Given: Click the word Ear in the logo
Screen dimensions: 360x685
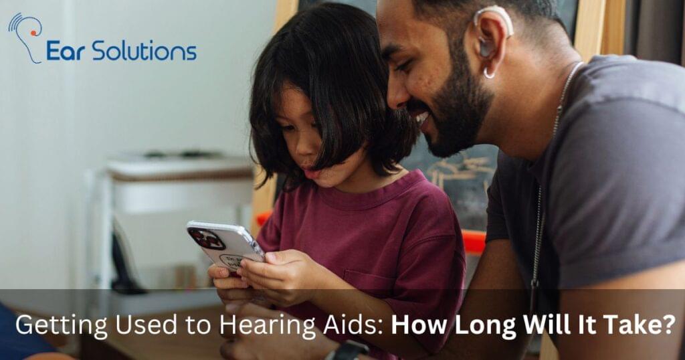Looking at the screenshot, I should pyautogui.click(x=66, y=51).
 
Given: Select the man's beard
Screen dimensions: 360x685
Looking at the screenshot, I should pyautogui.click(x=462, y=120).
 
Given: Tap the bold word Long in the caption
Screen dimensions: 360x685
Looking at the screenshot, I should pyautogui.click(x=480, y=326).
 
